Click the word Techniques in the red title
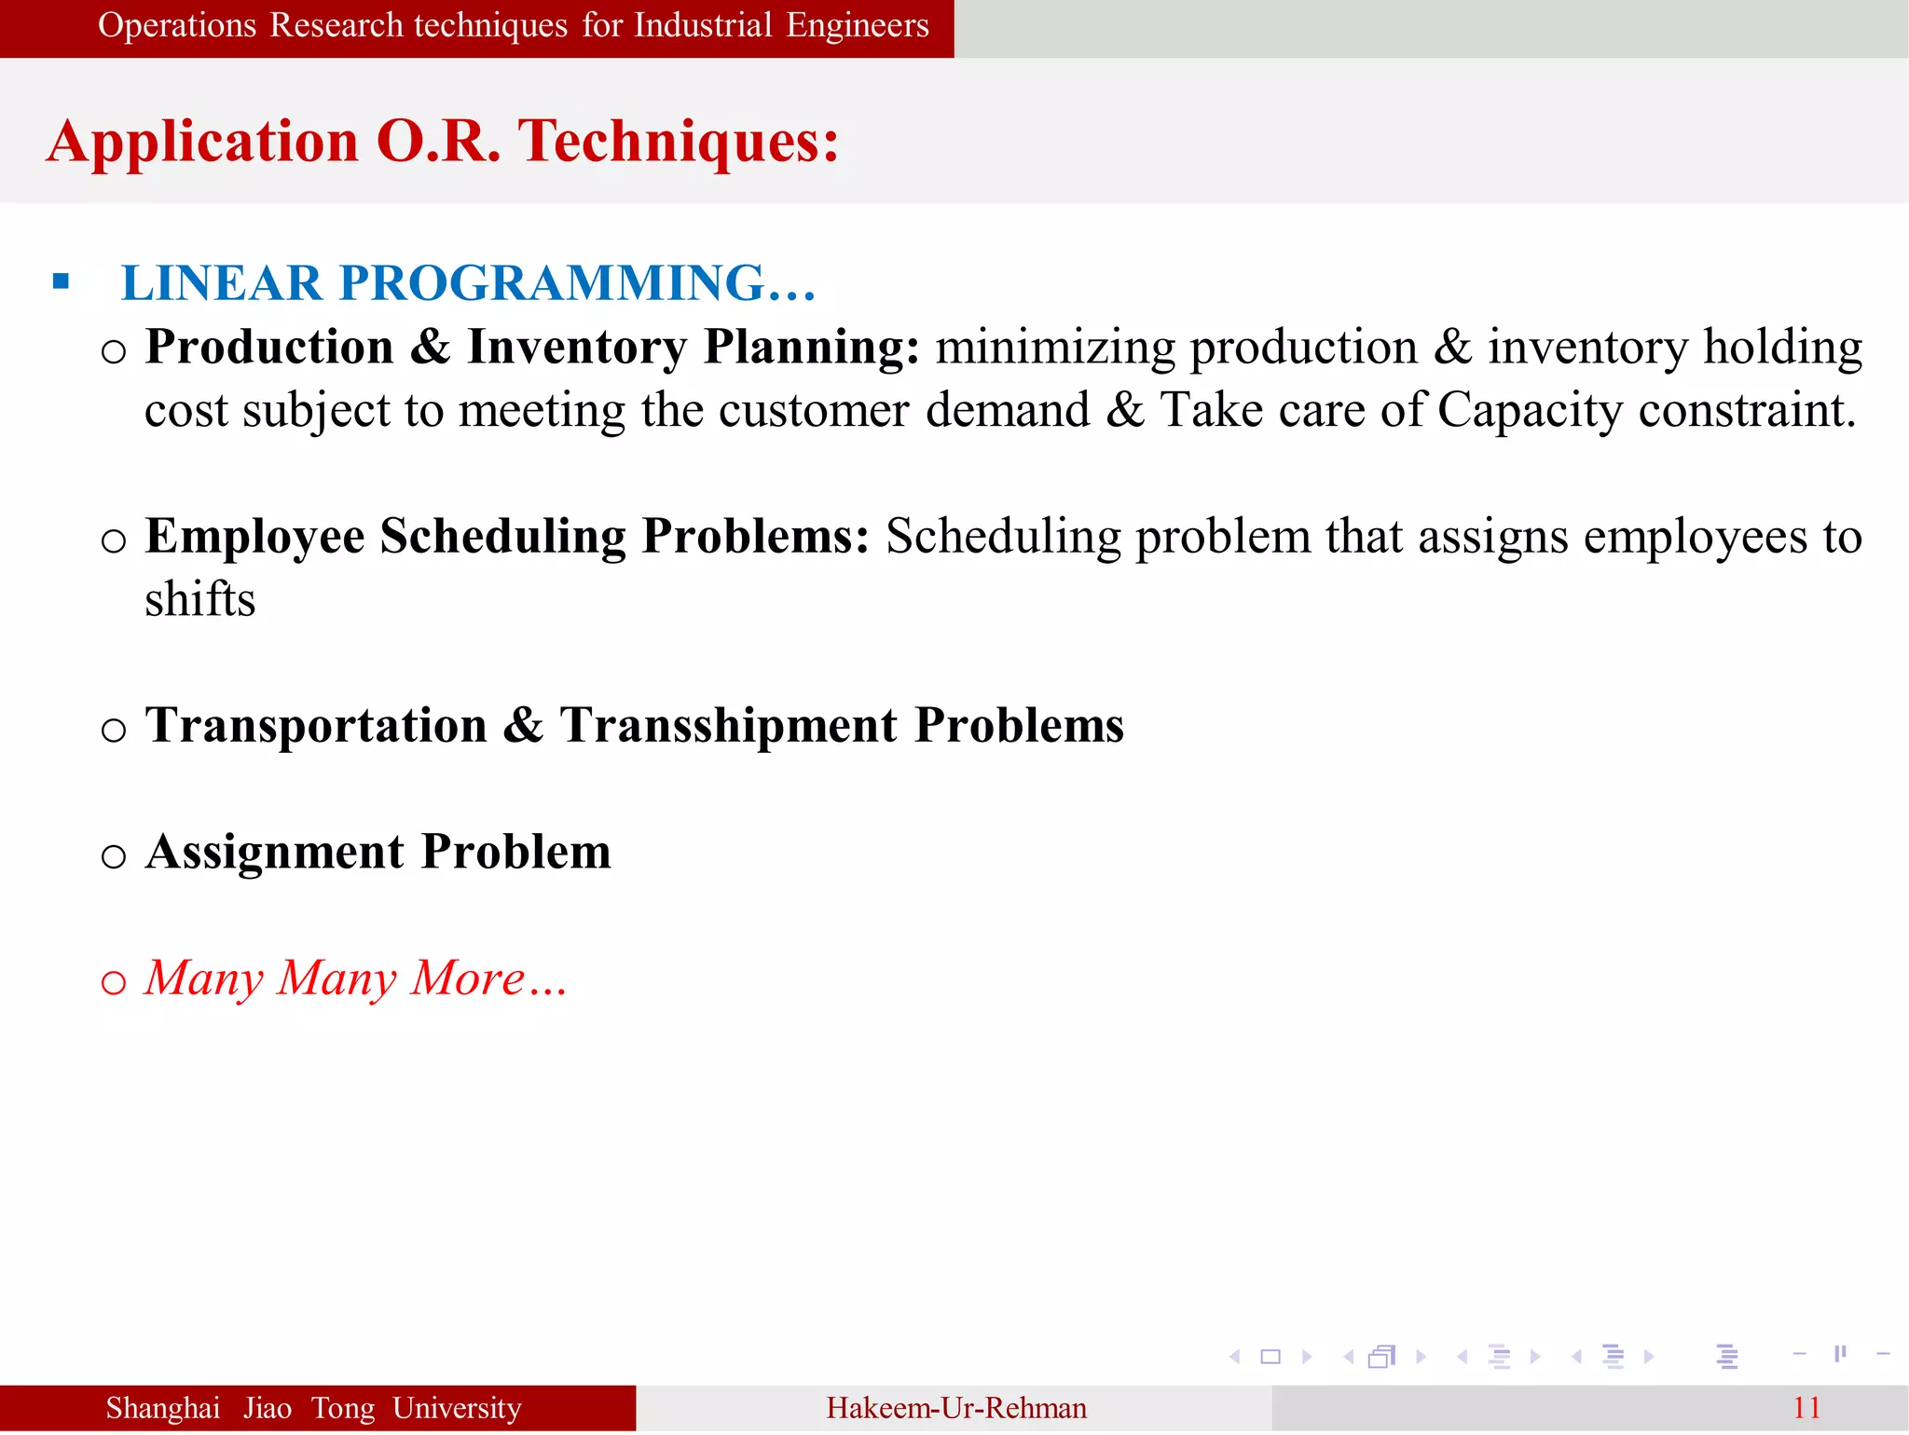(x=679, y=142)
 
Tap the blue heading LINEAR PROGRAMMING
(x=468, y=282)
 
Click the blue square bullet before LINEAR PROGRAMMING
(x=62, y=281)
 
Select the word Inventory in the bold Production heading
(x=577, y=347)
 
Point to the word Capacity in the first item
(x=1530, y=410)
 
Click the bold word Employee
(x=254, y=537)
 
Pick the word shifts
(x=199, y=599)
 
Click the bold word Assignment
(x=275, y=852)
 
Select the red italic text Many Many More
(x=355, y=978)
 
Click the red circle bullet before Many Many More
(x=113, y=982)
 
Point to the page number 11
(x=1806, y=1408)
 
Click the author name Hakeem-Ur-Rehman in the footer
(x=955, y=1408)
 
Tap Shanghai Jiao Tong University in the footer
(x=313, y=1408)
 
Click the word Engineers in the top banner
(x=857, y=25)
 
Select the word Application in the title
(x=202, y=142)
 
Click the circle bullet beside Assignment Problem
(x=113, y=855)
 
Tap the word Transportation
(x=316, y=725)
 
